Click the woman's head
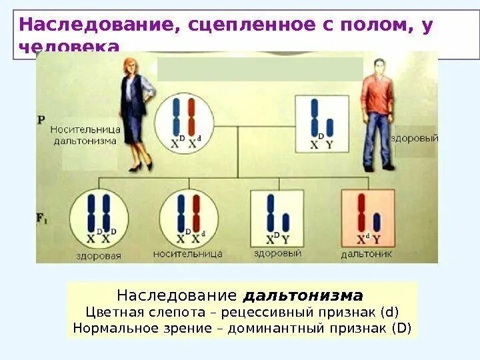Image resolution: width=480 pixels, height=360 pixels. coord(129,67)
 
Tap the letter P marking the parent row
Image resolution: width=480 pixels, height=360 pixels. coord(41,120)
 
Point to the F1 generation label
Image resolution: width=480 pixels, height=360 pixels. coord(43,218)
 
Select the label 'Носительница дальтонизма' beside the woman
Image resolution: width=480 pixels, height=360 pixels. coord(85,135)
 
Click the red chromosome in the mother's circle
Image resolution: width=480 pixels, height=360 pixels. coord(191,116)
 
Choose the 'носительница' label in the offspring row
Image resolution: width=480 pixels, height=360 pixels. coord(187,254)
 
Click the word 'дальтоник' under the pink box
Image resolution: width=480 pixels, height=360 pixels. coord(366,254)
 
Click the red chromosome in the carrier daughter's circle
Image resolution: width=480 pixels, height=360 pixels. coord(196,213)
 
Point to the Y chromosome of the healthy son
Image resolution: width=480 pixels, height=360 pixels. coord(285,222)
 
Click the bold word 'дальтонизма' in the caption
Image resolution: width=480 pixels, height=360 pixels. coord(303,295)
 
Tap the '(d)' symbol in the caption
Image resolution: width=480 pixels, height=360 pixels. coord(390,311)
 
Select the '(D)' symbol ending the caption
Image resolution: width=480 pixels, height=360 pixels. coord(402,327)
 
